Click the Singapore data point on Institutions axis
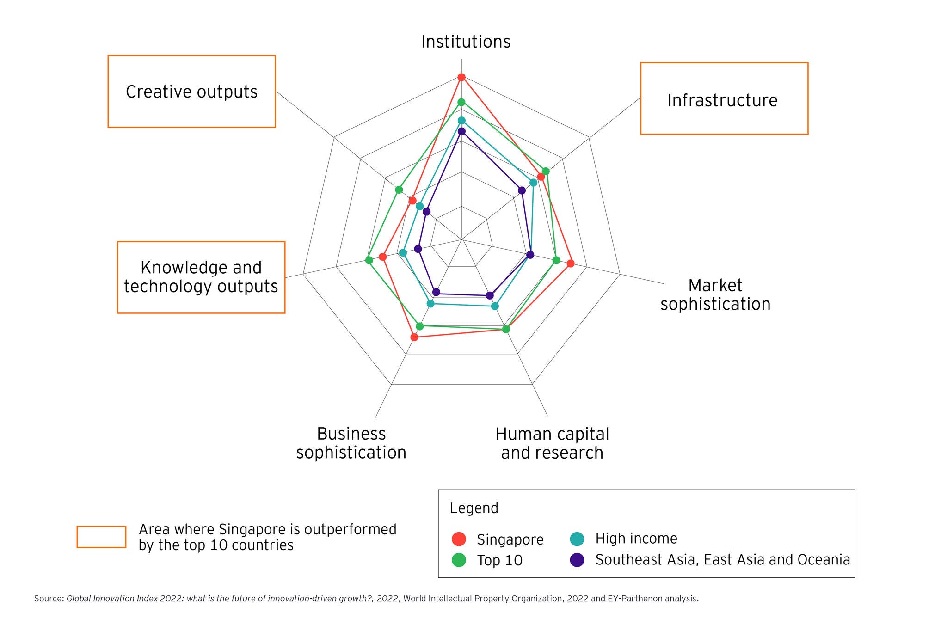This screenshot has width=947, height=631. tap(461, 77)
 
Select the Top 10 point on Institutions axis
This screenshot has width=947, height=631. tap(461, 102)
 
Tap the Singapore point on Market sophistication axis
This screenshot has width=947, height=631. tap(571, 263)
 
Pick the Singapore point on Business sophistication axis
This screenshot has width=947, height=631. tap(414, 337)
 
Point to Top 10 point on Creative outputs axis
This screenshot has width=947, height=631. tap(399, 190)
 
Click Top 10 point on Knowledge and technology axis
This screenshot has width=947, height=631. tap(369, 260)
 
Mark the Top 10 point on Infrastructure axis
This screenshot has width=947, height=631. tap(546, 172)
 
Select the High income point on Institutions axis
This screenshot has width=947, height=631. tap(461, 121)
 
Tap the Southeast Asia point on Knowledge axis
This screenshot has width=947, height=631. tap(418, 249)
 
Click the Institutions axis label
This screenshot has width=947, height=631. tap(466, 42)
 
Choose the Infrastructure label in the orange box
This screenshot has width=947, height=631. tap(722, 100)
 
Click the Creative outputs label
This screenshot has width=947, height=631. tap(191, 92)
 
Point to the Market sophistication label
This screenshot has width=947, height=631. tap(715, 295)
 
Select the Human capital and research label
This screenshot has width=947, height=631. tap(552, 443)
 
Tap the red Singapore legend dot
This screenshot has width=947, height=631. tap(459, 539)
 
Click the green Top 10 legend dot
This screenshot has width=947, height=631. tap(459, 560)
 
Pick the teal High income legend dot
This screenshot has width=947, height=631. tap(577, 539)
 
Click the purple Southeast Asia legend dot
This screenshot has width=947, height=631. tap(577, 560)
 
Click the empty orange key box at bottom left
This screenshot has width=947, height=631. tap(101, 537)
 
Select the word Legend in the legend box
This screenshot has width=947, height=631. tap(474, 508)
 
